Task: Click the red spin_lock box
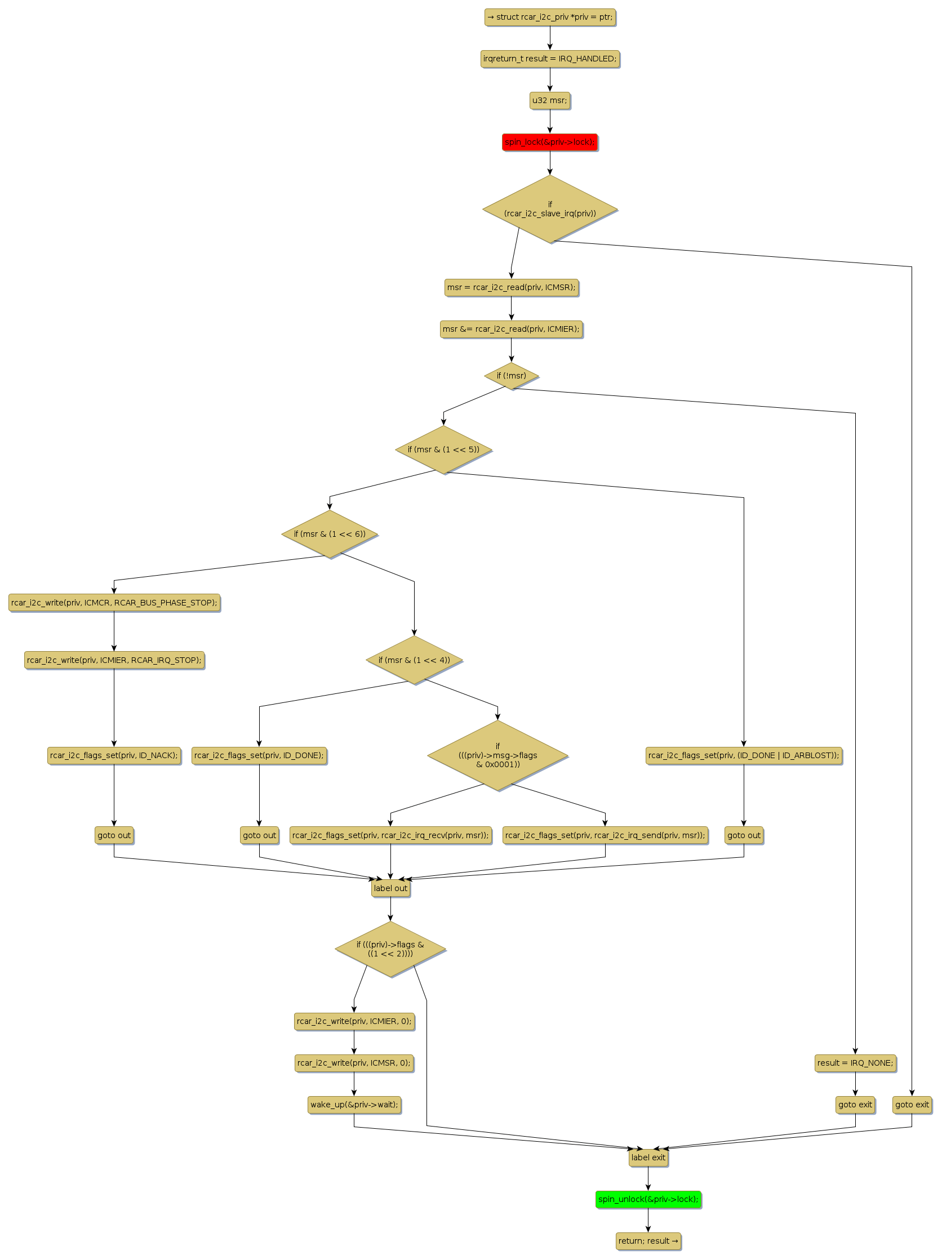549,142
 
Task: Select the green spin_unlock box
648,1199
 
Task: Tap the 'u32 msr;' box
549,100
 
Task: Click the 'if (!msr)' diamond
511,376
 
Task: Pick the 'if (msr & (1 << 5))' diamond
443,449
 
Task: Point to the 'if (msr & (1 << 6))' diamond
330,534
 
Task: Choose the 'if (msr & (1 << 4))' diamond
414,660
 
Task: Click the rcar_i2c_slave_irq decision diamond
549,209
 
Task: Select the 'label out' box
390,888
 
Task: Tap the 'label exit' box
648,1157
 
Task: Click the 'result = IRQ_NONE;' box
855,1063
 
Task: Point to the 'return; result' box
648,1241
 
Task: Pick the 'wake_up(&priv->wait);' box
354,1105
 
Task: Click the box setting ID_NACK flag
114,755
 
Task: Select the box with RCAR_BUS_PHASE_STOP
114,603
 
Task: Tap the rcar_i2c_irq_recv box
390,835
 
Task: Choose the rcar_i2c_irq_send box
605,835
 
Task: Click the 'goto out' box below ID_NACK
114,835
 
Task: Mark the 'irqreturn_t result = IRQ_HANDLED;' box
549,59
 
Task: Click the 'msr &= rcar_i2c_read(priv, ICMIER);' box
511,329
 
